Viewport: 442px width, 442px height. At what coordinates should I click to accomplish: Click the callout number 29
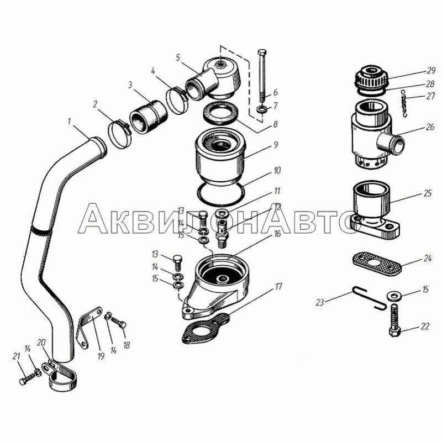click(x=431, y=70)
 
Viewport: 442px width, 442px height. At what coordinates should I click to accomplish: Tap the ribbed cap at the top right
click(x=372, y=77)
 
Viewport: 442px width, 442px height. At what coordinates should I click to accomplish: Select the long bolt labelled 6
click(x=262, y=76)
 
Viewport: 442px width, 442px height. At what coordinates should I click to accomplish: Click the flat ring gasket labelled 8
click(x=221, y=113)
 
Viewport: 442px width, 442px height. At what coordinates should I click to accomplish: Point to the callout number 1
click(x=70, y=122)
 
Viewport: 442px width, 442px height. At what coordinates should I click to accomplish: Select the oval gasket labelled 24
click(x=377, y=264)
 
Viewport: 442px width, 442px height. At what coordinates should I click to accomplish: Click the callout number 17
click(x=278, y=287)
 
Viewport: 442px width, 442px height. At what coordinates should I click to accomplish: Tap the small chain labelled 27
click(x=404, y=103)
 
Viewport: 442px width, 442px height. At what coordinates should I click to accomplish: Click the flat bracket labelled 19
click(x=88, y=327)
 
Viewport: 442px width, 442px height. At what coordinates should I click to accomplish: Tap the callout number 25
click(x=428, y=193)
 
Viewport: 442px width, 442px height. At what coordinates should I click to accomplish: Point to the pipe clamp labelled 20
click(x=60, y=375)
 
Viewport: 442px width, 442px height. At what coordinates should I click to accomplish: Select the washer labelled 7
click(x=262, y=109)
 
